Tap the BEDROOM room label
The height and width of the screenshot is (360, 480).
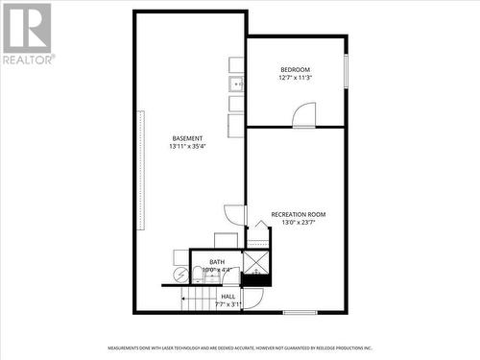click(295, 69)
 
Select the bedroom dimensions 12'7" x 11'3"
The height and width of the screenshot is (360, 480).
click(295, 78)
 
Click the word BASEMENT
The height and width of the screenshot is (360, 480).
click(187, 138)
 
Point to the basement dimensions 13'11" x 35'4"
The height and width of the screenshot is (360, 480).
click(187, 147)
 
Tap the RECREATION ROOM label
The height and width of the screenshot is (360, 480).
click(299, 214)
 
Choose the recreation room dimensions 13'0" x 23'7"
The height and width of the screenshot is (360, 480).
click(299, 223)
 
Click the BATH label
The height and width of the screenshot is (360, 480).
click(217, 262)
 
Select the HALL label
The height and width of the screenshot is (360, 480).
click(228, 297)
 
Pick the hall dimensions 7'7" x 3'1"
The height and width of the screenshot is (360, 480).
click(228, 304)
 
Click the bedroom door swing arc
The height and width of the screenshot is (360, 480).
click(303, 115)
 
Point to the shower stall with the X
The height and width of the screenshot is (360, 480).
click(256, 262)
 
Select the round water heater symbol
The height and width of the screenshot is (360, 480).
click(180, 276)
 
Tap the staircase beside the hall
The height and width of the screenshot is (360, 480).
click(201, 300)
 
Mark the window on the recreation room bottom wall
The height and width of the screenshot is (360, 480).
click(300, 312)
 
